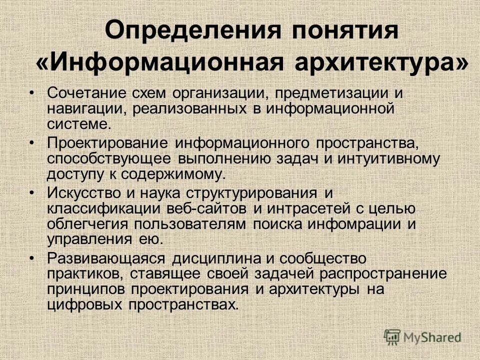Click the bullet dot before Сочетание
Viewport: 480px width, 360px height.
32,92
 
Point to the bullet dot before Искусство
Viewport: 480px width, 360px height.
32,192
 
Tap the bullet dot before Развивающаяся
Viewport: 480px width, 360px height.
32,258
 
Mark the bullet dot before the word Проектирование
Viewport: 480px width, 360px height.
32,142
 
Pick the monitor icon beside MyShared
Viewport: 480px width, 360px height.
392,336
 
